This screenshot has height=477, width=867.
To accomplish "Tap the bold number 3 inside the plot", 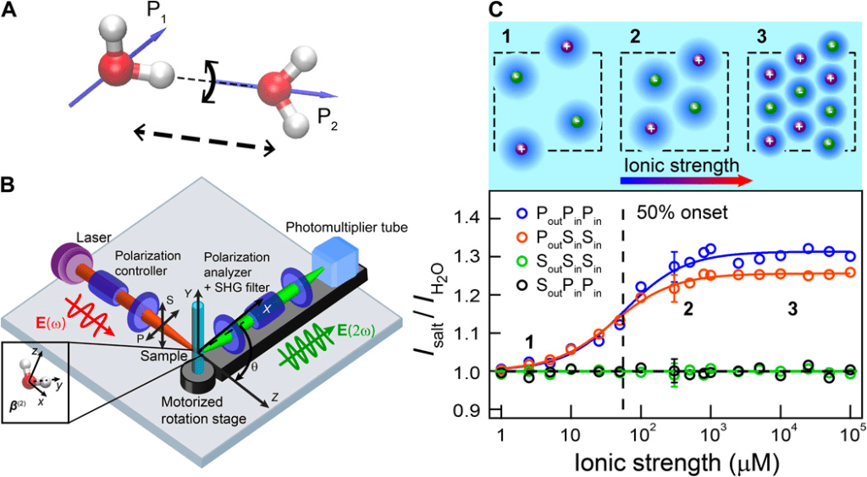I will point(792,310).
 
